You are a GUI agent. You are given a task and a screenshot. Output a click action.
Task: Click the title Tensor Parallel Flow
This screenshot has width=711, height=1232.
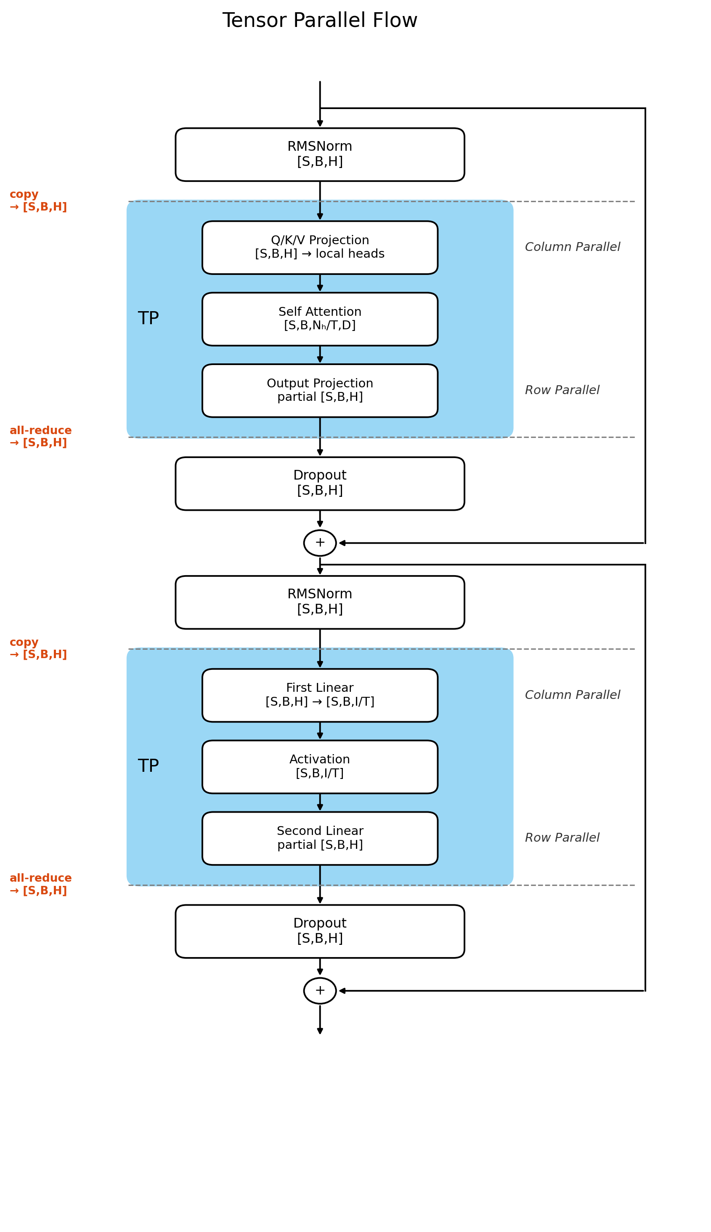pos(320,21)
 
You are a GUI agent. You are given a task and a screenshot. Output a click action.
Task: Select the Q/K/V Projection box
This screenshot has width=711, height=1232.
pos(320,247)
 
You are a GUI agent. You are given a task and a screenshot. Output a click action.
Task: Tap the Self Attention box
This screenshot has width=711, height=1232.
pos(320,319)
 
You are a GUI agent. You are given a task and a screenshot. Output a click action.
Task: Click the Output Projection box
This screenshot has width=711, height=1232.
pos(320,390)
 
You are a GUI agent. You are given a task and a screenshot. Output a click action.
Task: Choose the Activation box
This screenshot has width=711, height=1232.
pos(320,767)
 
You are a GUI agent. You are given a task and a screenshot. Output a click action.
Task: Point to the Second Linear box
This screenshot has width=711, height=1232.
pos(320,838)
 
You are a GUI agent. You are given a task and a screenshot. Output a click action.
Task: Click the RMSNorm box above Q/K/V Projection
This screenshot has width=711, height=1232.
pos(320,155)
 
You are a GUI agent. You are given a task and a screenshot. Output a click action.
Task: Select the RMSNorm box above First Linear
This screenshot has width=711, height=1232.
pos(320,602)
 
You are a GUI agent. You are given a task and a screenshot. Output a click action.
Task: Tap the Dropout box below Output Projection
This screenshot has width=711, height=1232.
pos(320,483)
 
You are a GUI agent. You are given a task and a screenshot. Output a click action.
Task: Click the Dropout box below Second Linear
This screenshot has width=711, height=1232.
pos(320,931)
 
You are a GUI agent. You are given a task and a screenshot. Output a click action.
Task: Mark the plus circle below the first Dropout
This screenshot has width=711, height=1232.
pos(320,543)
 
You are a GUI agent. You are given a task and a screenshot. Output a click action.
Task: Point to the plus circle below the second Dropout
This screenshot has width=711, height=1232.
pos(320,991)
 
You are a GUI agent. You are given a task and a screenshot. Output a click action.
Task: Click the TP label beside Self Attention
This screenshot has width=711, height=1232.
pos(149,319)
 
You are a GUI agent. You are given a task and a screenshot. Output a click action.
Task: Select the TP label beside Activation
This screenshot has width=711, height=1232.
pos(149,766)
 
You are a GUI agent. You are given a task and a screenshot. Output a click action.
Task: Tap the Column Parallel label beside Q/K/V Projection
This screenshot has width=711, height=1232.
pos(572,247)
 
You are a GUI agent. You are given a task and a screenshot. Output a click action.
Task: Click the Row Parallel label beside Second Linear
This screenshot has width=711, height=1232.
pos(562,837)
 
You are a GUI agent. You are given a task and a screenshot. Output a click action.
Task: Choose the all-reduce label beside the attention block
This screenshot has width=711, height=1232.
pos(40,436)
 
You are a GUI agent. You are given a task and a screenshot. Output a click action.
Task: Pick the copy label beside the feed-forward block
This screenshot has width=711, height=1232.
pos(38,648)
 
